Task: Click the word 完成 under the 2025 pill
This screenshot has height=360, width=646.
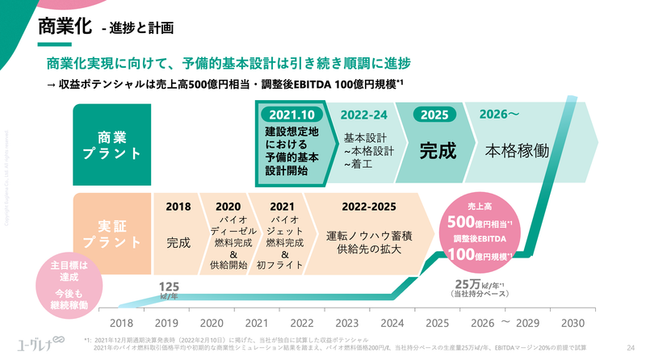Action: [x=437, y=150]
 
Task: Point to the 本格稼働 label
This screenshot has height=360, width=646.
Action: [x=517, y=150]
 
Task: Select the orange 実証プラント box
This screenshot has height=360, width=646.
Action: [x=112, y=231]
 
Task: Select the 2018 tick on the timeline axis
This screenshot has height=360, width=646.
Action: [x=111, y=324]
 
